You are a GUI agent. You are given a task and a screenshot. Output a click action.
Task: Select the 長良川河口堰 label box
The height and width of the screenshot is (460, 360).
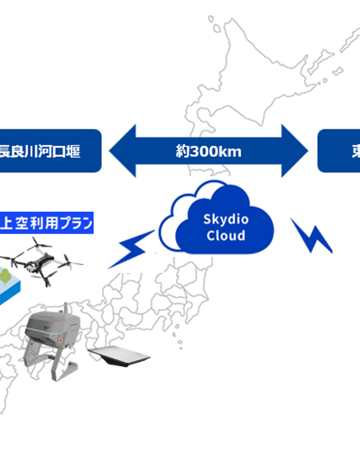(48, 151)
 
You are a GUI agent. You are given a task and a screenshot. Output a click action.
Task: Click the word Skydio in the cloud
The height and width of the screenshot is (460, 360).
(226, 220)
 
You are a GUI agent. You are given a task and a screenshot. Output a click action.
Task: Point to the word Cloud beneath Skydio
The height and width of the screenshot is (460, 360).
(226, 235)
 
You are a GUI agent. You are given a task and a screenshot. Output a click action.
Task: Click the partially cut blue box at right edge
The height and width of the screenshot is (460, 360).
(339, 151)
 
